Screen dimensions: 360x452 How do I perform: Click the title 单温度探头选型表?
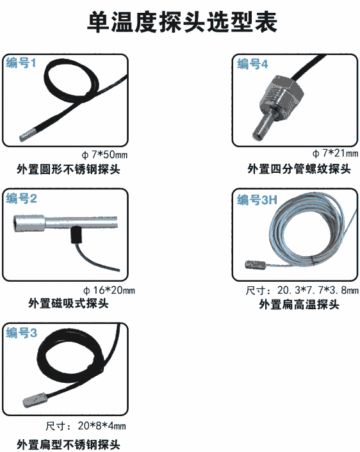click(x=182, y=22)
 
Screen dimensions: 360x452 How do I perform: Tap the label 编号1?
click(x=21, y=63)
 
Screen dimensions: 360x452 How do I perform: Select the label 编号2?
click(x=21, y=198)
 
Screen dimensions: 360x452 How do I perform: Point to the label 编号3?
click(x=21, y=333)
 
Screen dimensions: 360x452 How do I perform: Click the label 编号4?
click(x=252, y=64)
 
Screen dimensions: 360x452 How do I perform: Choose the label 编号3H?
click(x=257, y=200)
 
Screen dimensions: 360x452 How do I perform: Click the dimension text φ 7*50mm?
click(x=104, y=155)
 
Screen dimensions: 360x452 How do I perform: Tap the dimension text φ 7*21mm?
click(x=335, y=153)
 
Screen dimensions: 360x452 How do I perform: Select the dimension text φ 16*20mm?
click(x=109, y=290)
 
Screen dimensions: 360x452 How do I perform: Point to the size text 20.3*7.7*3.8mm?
click(x=318, y=290)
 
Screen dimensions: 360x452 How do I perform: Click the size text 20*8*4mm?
click(x=102, y=426)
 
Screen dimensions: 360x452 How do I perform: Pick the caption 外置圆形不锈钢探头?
click(x=69, y=169)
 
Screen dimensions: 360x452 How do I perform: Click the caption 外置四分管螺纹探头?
click(x=299, y=169)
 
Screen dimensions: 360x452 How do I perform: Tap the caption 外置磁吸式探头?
click(x=69, y=303)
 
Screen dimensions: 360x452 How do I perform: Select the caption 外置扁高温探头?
click(x=299, y=304)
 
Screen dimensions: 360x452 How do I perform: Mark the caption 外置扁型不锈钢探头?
click(x=69, y=444)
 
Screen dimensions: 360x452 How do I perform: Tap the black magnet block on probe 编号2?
click(x=76, y=235)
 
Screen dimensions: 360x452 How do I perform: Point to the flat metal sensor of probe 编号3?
click(x=35, y=400)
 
